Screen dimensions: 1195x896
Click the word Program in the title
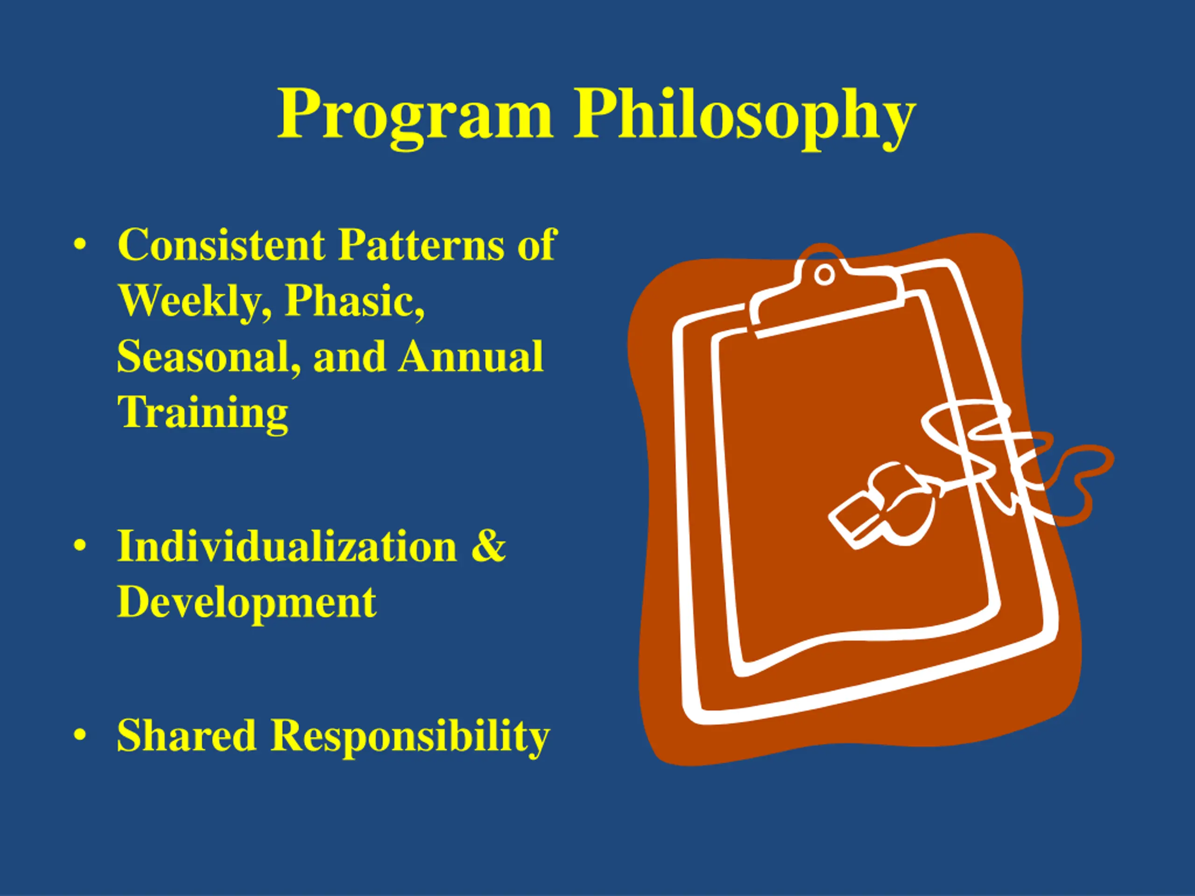(415, 117)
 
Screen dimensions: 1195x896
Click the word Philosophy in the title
(745, 117)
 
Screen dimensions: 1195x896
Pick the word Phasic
(354, 301)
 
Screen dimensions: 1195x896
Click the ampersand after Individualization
(488, 546)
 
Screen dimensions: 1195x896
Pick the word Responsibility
(410, 738)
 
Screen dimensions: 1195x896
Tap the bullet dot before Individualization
(80, 546)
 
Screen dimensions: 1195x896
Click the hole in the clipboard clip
(824, 274)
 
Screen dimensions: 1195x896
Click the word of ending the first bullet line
(536, 245)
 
